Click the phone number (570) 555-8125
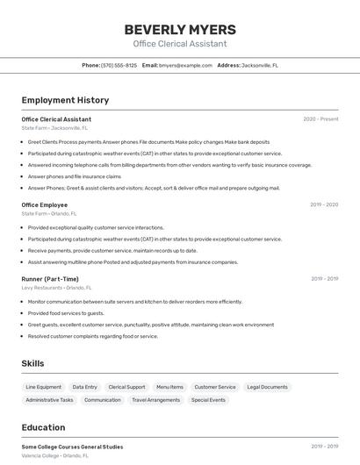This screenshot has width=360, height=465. pos(119,65)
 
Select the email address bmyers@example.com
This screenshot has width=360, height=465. pos(185,65)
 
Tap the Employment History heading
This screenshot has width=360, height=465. pos(65,100)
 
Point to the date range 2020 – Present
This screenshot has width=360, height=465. pos(320,119)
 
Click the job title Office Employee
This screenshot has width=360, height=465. pos(44,204)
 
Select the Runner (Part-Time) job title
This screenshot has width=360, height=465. pos(50,279)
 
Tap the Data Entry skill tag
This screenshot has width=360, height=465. pos(84,387)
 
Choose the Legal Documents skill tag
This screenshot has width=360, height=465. pos(267,387)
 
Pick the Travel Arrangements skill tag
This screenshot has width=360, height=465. pos(155,400)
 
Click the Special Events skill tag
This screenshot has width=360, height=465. pos(208,400)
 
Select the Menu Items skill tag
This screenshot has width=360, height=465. pos(169,387)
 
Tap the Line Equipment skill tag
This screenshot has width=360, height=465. pos(44,387)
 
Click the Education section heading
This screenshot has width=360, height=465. pos(43,427)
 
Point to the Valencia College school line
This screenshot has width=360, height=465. pos(54,455)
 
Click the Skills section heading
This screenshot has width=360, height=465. pos(32,363)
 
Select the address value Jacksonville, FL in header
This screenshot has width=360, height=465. pos(260,65)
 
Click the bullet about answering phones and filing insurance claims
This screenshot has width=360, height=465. pos(74,176)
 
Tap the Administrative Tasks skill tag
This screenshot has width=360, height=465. pos(49,400)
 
